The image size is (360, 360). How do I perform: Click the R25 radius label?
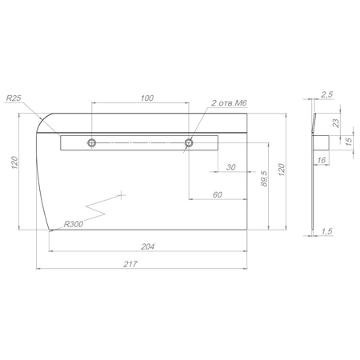[x=14, y=98]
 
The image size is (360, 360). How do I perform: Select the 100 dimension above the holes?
[x=147, y=98]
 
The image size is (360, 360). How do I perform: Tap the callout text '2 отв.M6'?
[x=229, y=103]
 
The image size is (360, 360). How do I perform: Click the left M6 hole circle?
[x=92, y=142]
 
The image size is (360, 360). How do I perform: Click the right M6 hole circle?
[x=189, y=142]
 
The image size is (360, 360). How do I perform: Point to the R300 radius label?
[x=74, y=224]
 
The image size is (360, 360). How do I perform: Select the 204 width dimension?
[x=147, y=246]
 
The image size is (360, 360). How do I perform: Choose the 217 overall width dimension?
[x=130, y=264]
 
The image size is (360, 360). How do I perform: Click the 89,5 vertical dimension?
[x=264, y=178]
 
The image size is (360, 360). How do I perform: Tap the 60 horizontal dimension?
[x=218, y=194]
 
